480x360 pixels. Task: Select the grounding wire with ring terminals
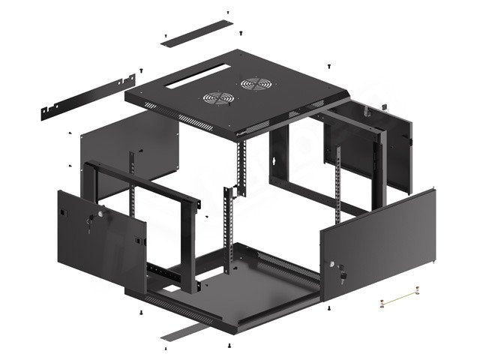[x=397, y=301]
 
